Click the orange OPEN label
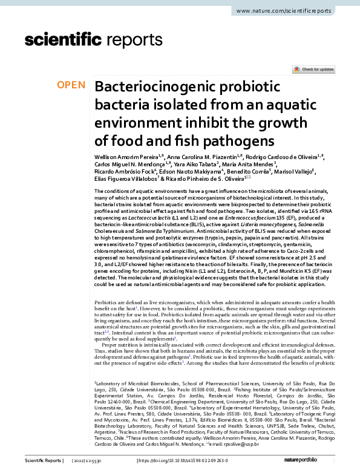click(71, 85)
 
